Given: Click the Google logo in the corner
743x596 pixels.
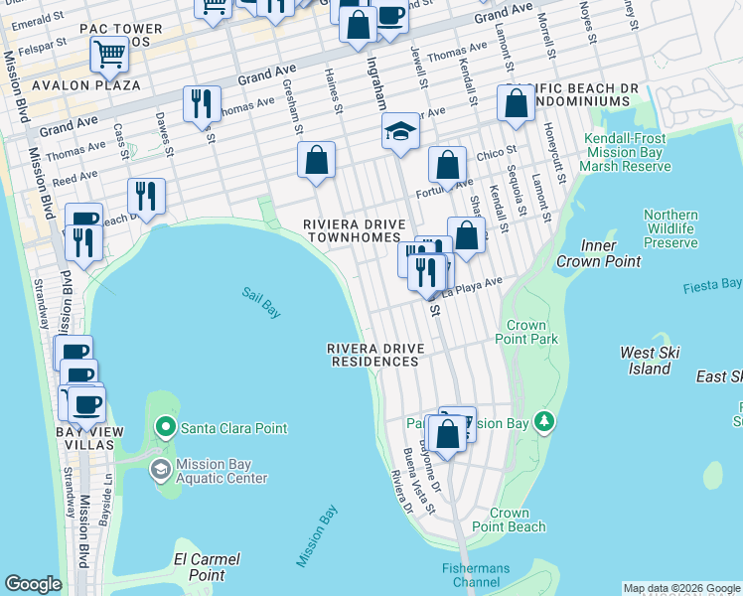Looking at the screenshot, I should tap(33, 584).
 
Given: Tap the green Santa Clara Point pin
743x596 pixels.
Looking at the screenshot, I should tap(164, 428).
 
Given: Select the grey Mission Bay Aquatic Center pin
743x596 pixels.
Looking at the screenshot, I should tap(160, 469).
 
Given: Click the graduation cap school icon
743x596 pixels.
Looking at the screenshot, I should tap(400, 132).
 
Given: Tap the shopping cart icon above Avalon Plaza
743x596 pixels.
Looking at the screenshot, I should tap(109, 54).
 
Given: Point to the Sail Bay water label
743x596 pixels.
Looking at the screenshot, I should tap(261, 303).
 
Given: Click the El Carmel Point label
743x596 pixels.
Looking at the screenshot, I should tap(206, 567).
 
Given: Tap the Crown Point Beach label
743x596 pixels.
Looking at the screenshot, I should tap(508, 521).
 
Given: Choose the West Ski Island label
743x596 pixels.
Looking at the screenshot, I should tap(650, 361).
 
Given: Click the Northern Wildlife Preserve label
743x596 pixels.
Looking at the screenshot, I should tap(670, 228).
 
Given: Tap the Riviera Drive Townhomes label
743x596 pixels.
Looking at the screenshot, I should tap(353, 231).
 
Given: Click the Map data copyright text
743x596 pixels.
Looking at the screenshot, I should tap(680, 588).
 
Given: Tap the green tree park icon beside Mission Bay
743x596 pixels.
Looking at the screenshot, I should tap(543, 422).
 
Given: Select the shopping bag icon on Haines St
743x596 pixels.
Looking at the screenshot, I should tap(316, 160).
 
